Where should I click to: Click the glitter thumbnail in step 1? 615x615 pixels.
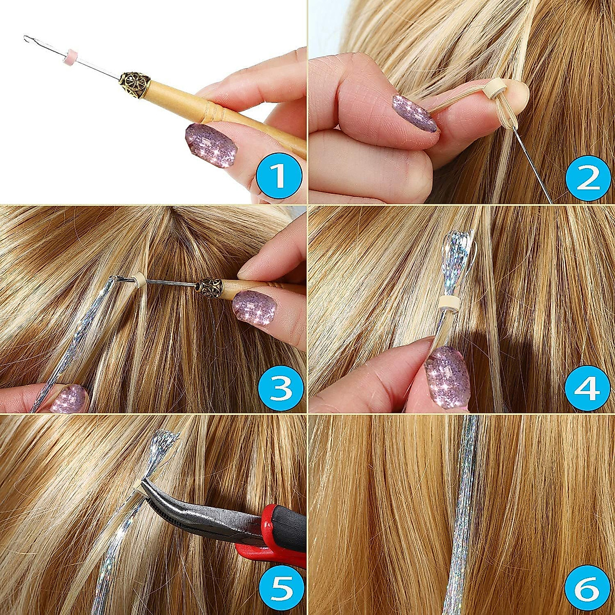(211, 145)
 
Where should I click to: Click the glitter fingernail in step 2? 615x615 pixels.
(414, 113)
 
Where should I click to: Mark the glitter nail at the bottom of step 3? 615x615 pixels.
(69, 399)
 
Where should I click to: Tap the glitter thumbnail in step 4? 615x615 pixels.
(447, 377)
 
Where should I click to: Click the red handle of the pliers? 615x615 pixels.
(277, 543)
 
